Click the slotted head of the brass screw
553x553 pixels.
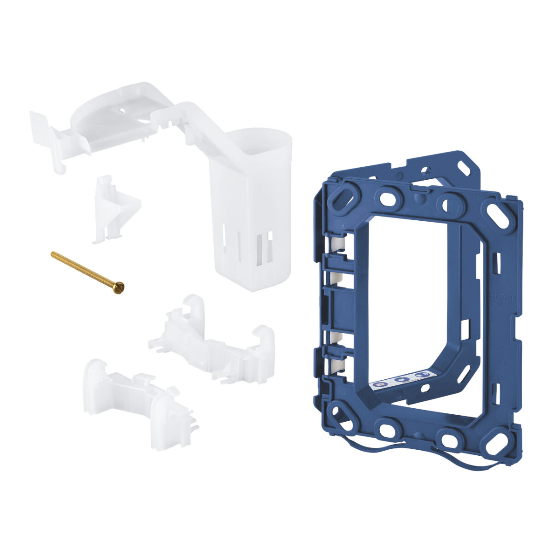[119, 288]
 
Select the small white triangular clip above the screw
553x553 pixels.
[115, 208]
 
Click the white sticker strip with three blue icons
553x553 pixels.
[403, 379]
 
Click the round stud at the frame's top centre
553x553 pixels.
[418, 198]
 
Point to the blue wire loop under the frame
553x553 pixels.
[415, 454]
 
